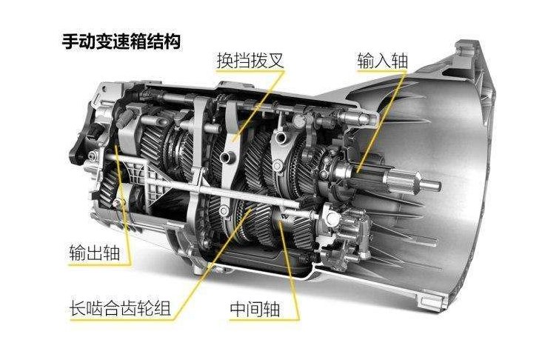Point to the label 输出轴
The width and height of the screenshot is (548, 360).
pyautogui.click(x=88, y=247)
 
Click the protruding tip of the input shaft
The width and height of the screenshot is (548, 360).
pyautogui.click(x=415, y=181)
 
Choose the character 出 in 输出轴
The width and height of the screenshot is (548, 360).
pyautogui.click(x=88, y=247)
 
